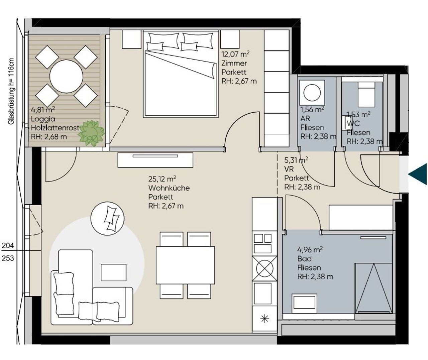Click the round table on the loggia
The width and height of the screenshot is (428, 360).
coord(67,77)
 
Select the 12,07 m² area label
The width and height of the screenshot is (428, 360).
coord(235,54)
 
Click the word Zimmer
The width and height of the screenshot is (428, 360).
coord(234,63)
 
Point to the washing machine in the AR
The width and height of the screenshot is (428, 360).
coord(312,92)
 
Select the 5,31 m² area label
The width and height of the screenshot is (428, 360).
coord(296,160)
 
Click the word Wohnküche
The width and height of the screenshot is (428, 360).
coord(169,188)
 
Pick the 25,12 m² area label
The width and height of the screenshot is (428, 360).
coord(162,179)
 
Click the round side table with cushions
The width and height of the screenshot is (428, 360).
coord(107,218)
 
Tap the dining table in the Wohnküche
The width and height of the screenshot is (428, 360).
coord(185,265)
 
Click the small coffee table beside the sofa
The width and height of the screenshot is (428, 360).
coord(114,272)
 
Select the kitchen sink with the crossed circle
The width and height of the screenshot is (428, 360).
coord(264,268)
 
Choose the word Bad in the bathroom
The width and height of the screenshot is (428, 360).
coord(304,259)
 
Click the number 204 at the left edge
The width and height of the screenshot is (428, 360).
coord(8,245)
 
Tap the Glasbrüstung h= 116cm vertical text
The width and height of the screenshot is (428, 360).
coord(11,91)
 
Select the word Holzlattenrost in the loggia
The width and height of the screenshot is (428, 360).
coord(55,128)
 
